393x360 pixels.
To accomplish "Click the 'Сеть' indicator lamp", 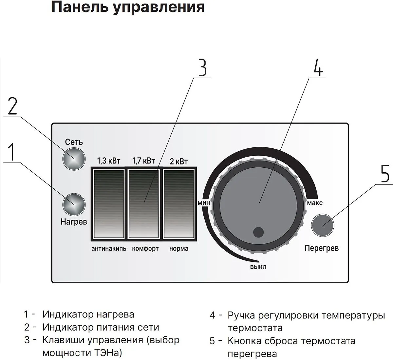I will (x=74, y=159).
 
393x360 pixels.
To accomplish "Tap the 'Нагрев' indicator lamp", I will (x=74, y=205).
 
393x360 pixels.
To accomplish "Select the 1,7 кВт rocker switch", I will (x=144, y=204).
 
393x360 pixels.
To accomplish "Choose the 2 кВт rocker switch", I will (x=179, y=204).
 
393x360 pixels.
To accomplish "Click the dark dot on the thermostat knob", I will (x=258, y=232).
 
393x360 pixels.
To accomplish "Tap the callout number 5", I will (x=385, y=173).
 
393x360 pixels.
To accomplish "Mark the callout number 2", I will (x=12, y=105).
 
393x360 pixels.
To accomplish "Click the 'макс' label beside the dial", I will (x=315, y=203).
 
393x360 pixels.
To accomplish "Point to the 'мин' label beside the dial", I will (x=204, y=203).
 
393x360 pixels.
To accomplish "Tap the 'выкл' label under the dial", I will (x=258, y=267).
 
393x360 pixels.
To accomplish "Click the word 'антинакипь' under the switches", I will (x=109, y=249).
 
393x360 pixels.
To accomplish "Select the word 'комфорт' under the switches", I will (x=145, y=249).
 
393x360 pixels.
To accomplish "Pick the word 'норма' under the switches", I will (x=179, y=249).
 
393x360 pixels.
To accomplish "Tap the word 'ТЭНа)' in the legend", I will (x=106, y=353).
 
